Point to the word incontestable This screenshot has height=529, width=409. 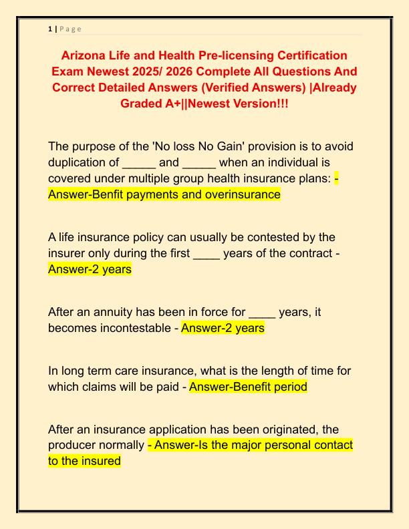pos(136,328)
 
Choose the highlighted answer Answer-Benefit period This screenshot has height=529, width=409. pos(248,387)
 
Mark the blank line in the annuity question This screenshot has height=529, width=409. pos(261,312)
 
